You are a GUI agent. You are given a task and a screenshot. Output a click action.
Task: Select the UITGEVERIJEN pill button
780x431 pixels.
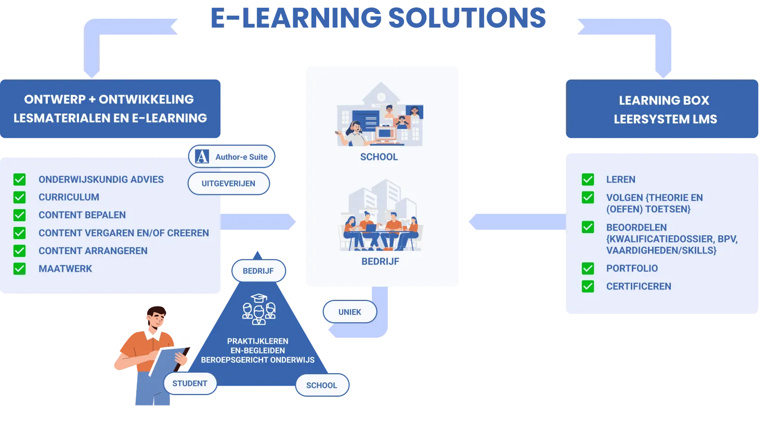(x=228, y=183)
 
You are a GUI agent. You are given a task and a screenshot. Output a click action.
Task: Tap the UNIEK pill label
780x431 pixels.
(x=349, y=312)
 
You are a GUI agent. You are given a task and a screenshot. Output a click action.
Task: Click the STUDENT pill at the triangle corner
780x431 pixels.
(x=190, y=384)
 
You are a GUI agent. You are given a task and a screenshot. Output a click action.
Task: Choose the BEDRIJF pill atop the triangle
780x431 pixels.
(x=258, y=271)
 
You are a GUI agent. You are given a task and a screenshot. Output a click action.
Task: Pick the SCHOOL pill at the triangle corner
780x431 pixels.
(x=321, y=385)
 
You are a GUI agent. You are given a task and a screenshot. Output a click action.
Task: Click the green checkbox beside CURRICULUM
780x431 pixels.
(x=20, y=197)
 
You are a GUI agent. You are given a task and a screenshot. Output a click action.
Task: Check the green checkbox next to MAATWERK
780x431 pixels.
(x=20, y=269)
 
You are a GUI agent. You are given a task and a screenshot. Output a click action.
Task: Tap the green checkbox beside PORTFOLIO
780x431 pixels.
(x=588, y=269)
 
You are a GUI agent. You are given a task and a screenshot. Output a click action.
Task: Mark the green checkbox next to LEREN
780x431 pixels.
(x=588, y=180)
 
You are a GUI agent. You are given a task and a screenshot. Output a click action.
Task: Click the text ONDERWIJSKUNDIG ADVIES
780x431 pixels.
(x=101, y=180)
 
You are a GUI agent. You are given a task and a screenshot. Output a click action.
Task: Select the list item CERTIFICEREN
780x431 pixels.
(x=639, y=286)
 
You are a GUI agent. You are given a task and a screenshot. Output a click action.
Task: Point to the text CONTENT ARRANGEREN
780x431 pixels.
(x=93, y=251)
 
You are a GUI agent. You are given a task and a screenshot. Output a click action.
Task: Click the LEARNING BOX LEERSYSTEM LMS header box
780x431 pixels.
(x=664, y=109)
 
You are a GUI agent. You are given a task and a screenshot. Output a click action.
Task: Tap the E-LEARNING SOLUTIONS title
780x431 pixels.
(x=378, y=17)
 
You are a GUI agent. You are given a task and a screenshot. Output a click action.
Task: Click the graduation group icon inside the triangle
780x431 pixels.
(x=258, y=309)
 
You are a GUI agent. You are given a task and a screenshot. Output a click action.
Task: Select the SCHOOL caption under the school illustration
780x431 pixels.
(x=379, y=157)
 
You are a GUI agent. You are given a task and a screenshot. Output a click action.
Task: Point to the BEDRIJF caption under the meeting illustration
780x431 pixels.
(x=380, y=261)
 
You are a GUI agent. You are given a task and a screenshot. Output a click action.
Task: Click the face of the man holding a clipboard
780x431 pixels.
(x=156, y=318)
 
